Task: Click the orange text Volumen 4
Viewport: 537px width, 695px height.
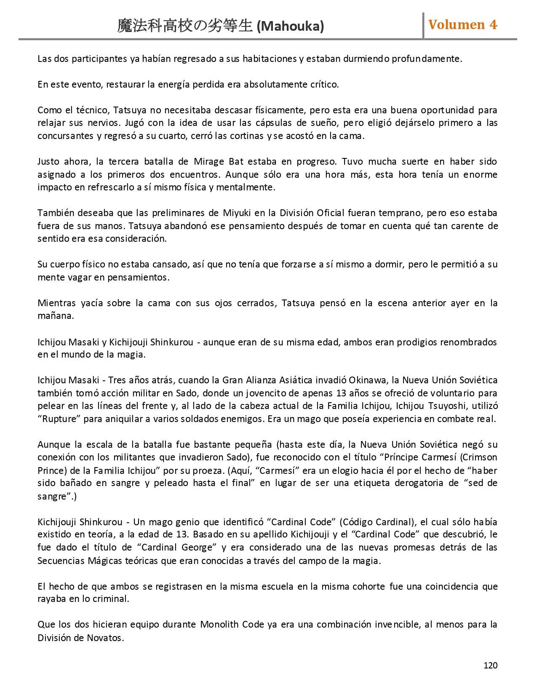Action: tap(462, 24)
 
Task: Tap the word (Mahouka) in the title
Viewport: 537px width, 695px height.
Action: tap(290, 27)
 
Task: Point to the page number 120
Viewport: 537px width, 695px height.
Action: tap(490, 666)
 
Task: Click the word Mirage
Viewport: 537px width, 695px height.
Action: tap(210, 162)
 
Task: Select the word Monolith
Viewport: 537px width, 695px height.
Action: tap(219, 624)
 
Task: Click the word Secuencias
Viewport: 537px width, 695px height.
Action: tap(61, 561)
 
